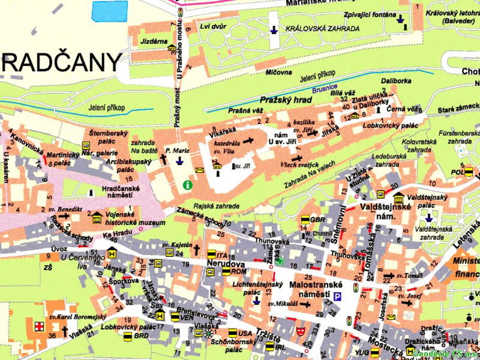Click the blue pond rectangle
[x=109, y=11]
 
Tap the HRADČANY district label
[x=61, y=62]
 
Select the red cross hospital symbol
[x=40, y=325]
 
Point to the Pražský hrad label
[x=286, y=100]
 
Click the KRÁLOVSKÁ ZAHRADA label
[x=322, y=29]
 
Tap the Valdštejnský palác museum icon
[x=398, y=198]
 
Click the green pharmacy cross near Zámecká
[x=280, y=261]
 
